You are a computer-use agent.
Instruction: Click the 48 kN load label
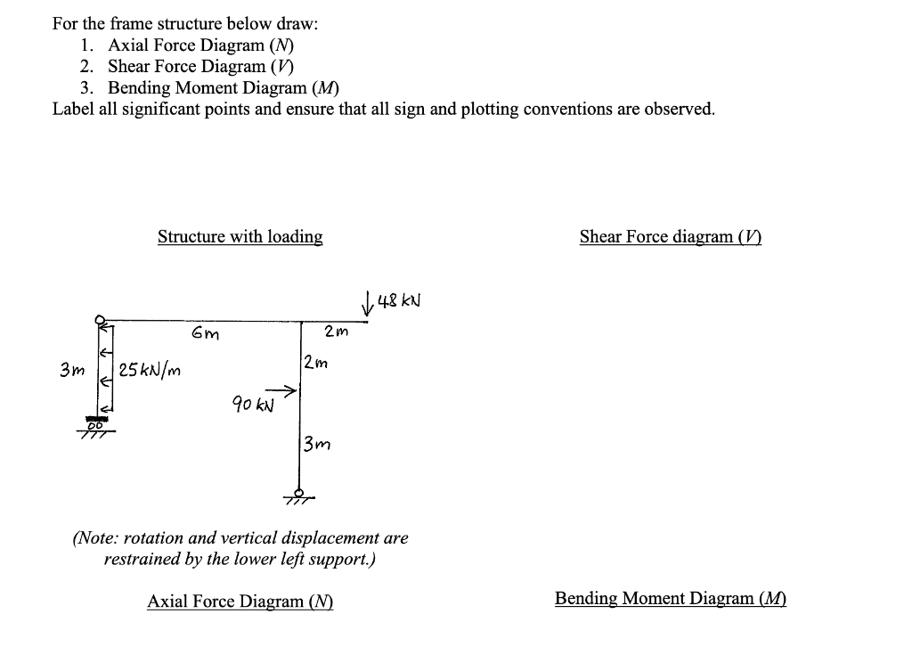(x=399, y=300)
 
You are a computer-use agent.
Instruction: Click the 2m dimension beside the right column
(x=314, y=363)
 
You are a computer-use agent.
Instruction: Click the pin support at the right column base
(x=300, y=495)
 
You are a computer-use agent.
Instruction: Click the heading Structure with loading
(x=240, y=237)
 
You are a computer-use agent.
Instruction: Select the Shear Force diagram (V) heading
(x=670, y=237)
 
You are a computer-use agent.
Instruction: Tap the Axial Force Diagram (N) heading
(x=240, y=602)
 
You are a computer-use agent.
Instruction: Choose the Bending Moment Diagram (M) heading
(x=670, y=599)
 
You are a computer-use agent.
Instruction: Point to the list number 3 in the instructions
(x=85, y=87)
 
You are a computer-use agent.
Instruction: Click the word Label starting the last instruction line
(x=75, y=109)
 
